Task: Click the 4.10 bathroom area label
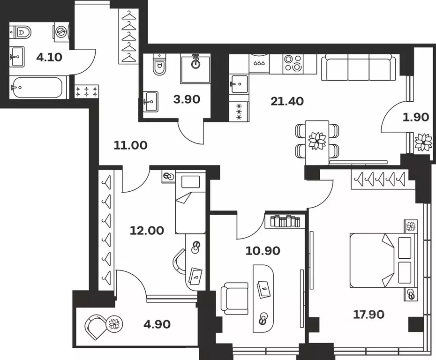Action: (49, 58)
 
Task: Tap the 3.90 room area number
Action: (187, 99)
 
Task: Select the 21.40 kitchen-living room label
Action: (287, 101)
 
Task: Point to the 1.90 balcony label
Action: (416, 117)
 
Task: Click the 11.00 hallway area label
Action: (130, 145)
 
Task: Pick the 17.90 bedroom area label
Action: (368, 315)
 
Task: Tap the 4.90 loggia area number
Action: (157, 324)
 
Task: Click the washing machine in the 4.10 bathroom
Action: (61, 32)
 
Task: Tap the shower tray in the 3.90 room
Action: (195, 68)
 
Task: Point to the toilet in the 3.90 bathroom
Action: (159, 65)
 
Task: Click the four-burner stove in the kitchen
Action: (293, 64)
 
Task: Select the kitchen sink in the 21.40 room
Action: (239, 84)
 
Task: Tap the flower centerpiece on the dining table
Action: (317, 141)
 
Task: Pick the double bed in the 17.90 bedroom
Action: (383, 260)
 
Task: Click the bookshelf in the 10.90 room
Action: (286, 221)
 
